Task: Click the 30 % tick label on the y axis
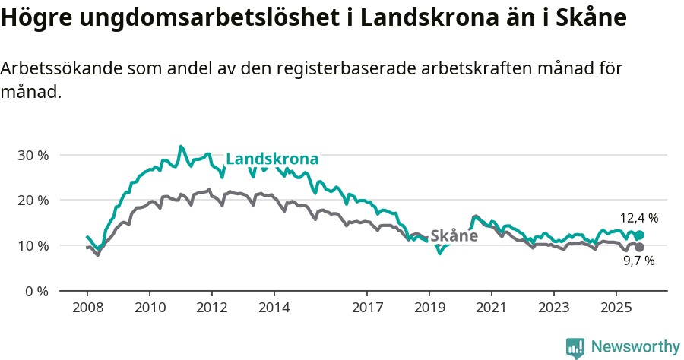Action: (32, 155)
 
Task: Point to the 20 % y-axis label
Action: (32, 201)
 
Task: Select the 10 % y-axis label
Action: (32, 246)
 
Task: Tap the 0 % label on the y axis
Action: (36, 291)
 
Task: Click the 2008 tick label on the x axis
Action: (87, 308)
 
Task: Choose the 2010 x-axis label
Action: (150, 308)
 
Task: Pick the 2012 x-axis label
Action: (212, 308)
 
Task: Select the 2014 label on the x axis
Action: (274, 308)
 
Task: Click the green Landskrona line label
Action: (272, 159)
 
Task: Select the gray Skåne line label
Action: (454, 235)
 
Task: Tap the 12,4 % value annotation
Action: (638, 218)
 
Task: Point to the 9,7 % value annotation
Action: (638, 261)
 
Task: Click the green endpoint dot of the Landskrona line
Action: (639, 235)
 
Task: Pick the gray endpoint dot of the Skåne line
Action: (639, 248)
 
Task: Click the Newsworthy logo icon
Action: (575, 348)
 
